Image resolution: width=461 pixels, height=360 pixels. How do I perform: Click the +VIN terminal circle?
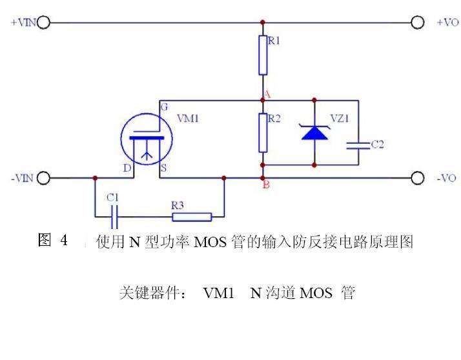point(44,23)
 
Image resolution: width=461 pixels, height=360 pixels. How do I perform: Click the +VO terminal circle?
point(418,23)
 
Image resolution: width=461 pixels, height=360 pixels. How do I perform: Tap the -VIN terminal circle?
point(44,178)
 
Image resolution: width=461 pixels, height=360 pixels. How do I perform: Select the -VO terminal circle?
point(418,178)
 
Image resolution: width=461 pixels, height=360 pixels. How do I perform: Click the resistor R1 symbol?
point(263,55)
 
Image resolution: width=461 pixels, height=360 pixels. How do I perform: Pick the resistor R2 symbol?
point(263,132)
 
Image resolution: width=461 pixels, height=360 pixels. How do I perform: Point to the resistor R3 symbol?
point(191,217)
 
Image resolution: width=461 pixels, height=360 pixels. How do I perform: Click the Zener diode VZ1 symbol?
point(314,133)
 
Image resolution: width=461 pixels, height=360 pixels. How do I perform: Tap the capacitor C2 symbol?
point(356,145)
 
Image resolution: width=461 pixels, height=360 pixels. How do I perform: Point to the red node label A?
point(266,95)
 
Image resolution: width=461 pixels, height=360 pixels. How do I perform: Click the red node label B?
point(265,186)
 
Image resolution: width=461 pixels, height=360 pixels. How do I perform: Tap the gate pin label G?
point(165,106)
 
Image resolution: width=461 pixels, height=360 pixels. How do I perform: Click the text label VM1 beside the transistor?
point(187,119)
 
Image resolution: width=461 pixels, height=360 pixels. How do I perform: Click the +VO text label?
point(447,23)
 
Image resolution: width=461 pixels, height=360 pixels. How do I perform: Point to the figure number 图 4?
point(53,241)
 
